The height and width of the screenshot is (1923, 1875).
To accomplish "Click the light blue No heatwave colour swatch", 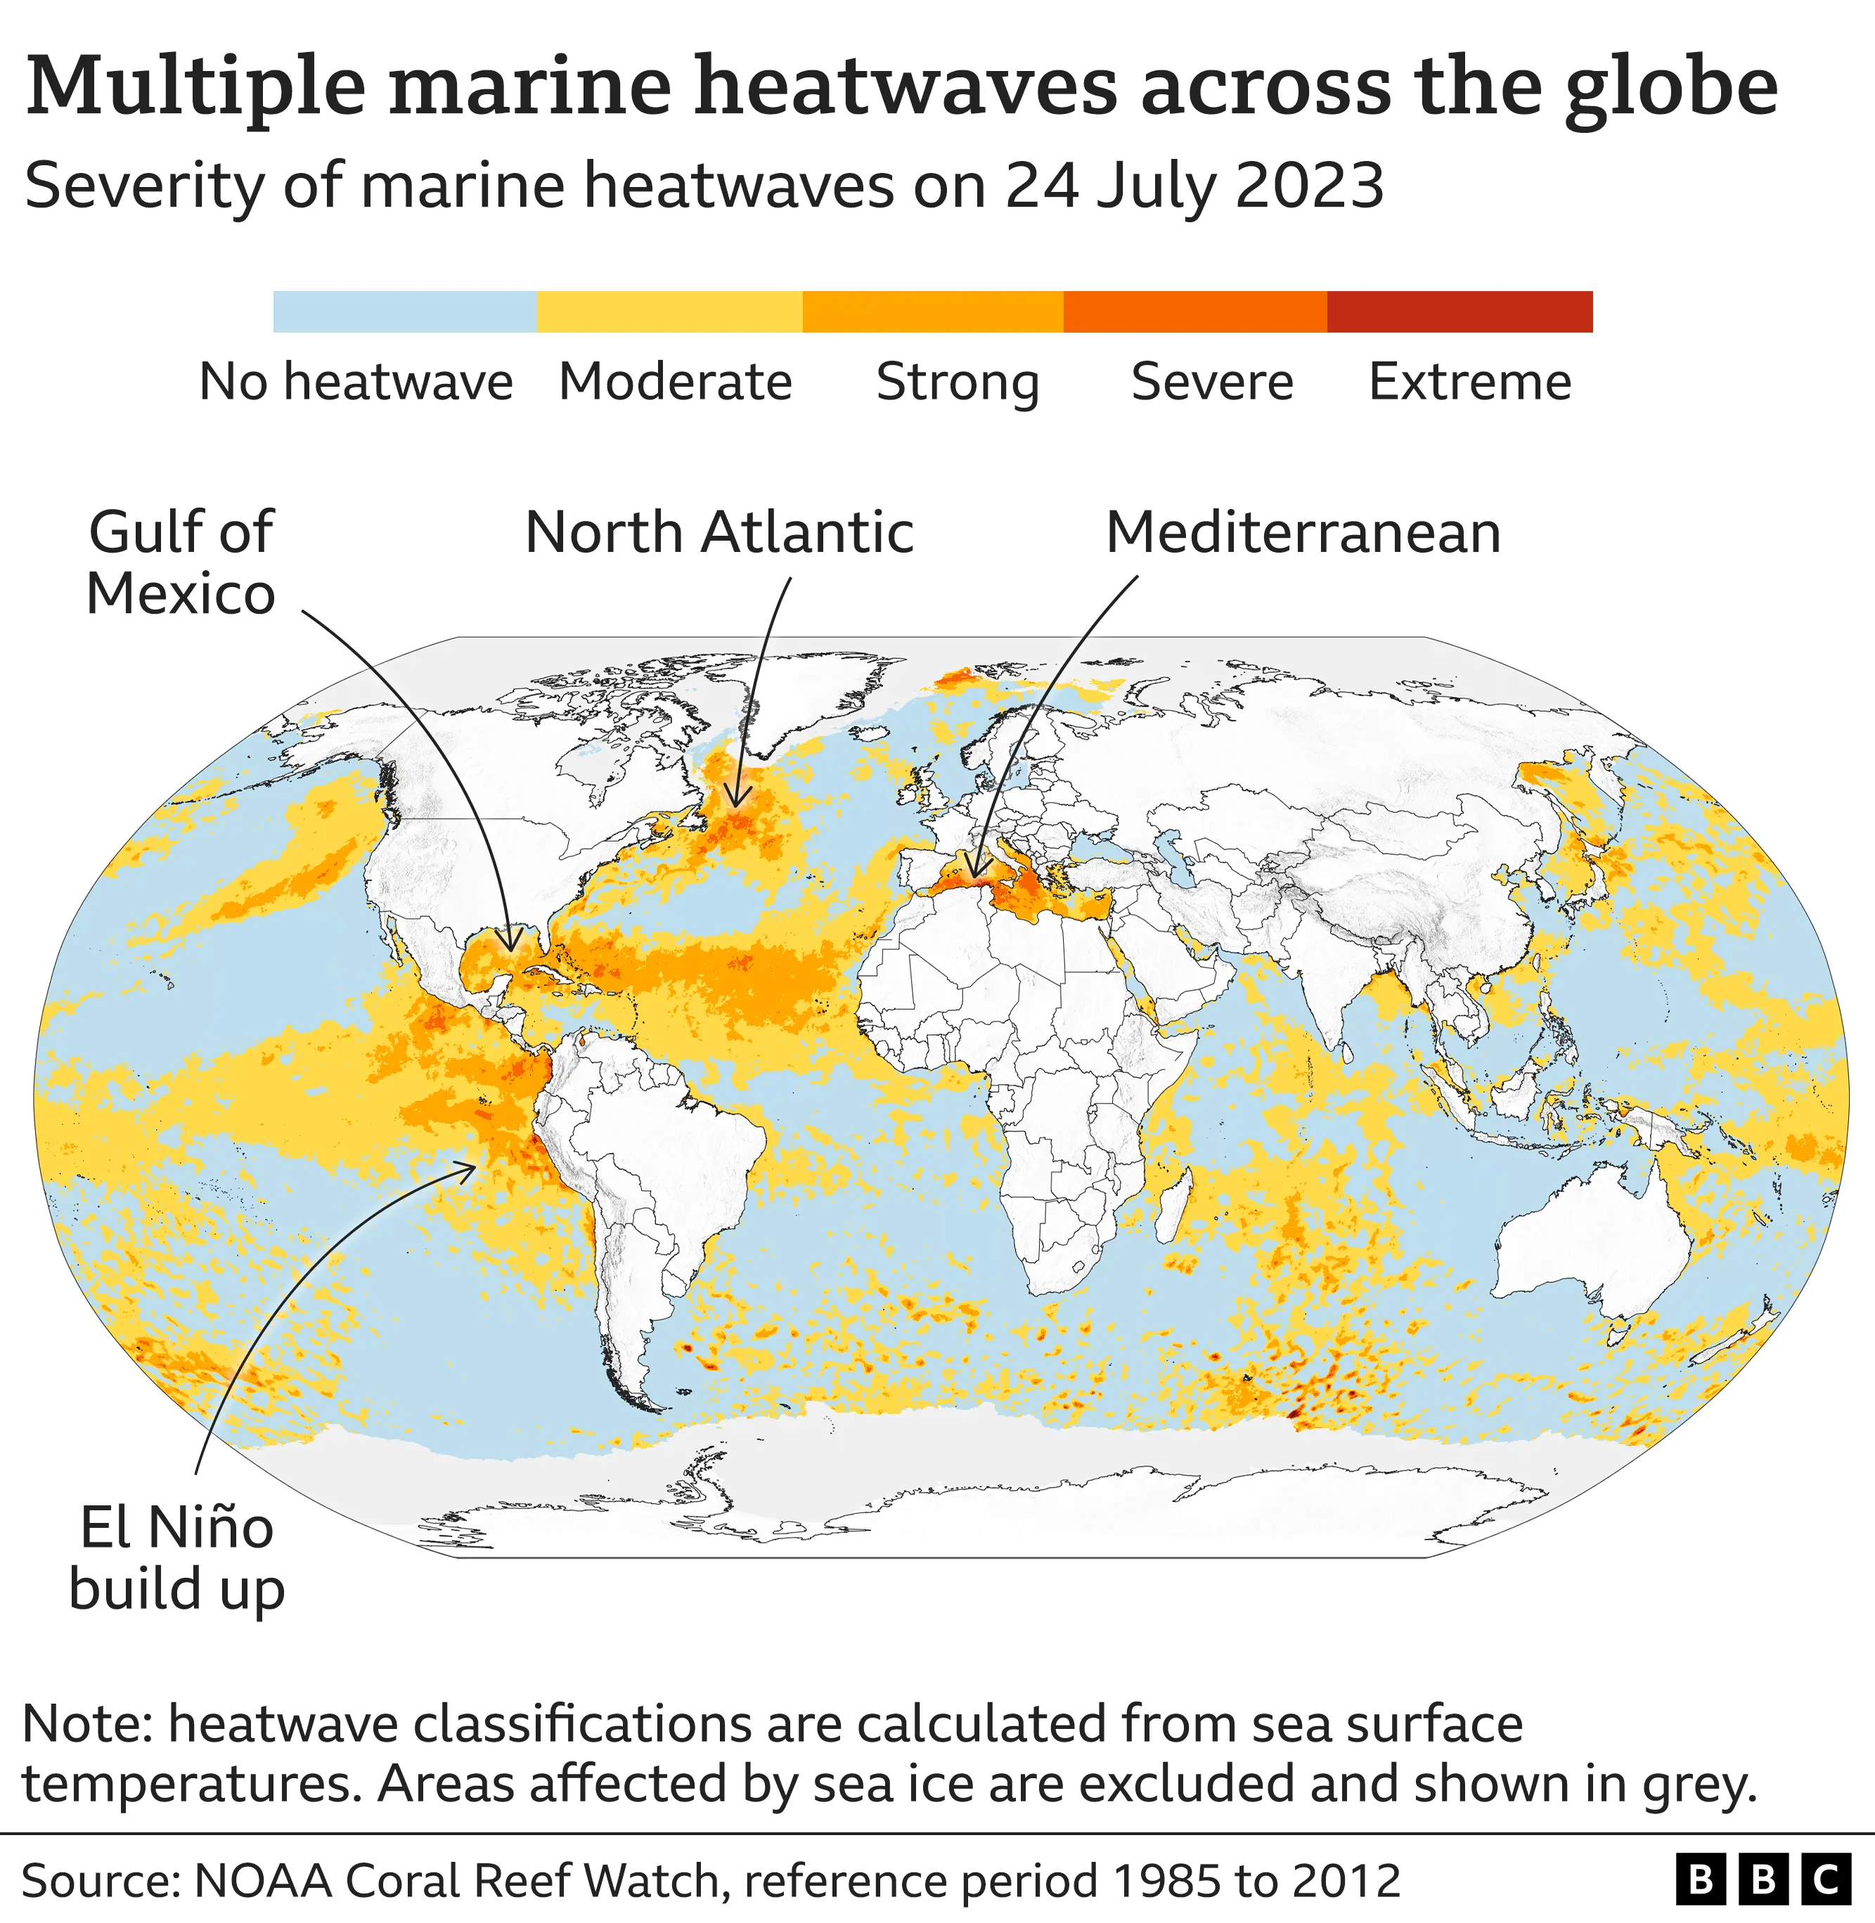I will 405,311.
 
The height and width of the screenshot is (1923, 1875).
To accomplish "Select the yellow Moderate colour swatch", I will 669,311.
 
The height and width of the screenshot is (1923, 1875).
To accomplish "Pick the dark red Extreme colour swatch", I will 1460,311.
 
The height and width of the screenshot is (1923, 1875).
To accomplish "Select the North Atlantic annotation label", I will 719,533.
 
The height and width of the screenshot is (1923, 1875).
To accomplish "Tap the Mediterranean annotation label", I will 1303,533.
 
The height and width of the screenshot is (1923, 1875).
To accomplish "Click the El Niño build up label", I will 177,1559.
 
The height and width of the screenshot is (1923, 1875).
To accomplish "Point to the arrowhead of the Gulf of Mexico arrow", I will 510,947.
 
